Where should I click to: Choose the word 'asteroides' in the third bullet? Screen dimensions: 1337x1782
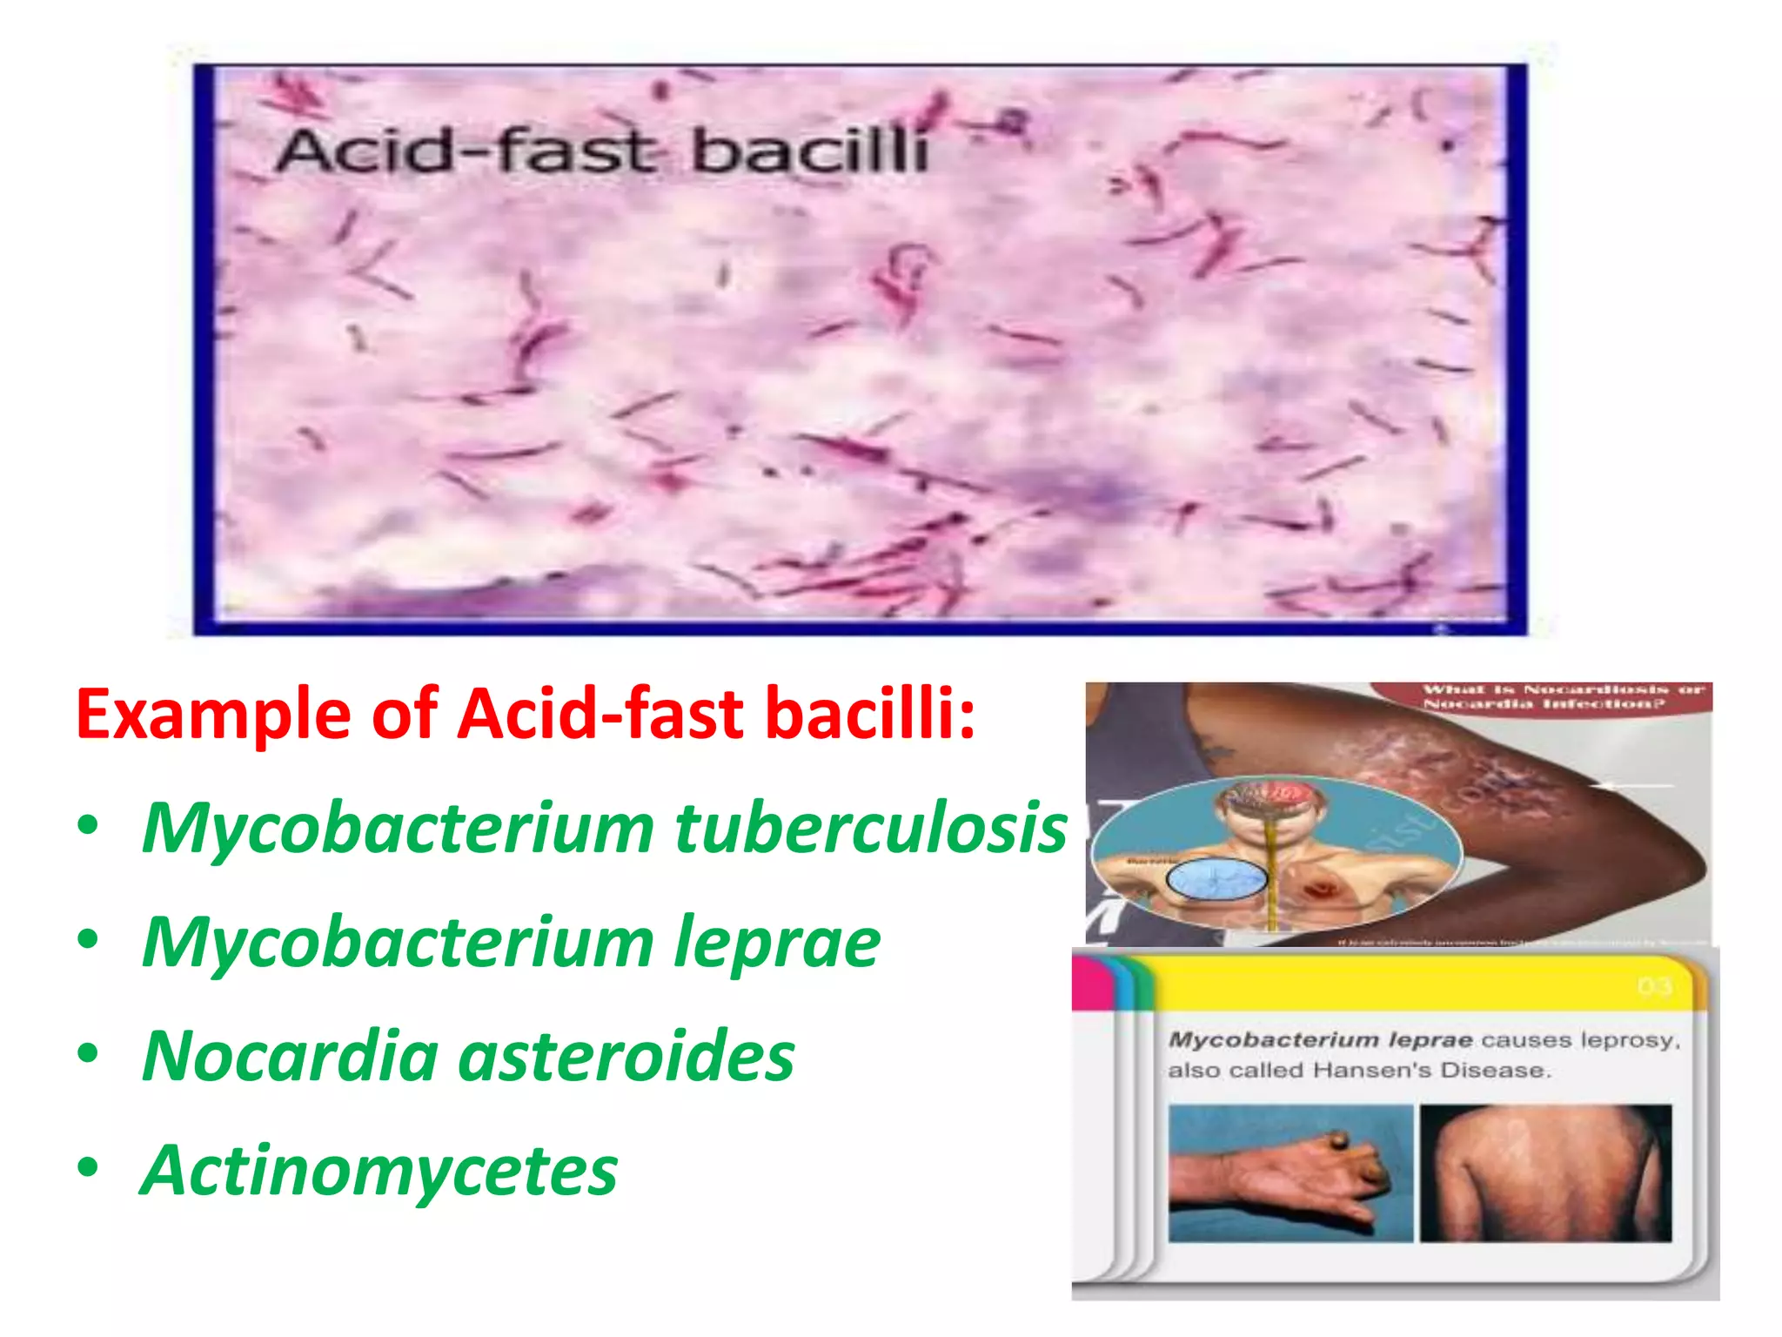(626, 1056)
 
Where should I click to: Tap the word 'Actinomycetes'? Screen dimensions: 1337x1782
(379, 1171)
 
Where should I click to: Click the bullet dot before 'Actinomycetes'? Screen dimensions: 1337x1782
(88, 1168)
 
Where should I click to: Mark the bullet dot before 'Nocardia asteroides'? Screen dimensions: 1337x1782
(88, 1053)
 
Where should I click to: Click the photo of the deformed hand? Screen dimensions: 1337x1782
(1290, 1173)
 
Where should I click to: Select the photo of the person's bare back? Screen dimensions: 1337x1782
(1545, 1173)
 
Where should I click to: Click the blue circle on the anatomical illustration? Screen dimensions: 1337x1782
(1216, 880)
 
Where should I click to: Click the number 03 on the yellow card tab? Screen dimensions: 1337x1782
(1654, 987)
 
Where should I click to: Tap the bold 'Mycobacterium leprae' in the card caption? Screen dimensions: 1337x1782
(1320, 1040)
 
